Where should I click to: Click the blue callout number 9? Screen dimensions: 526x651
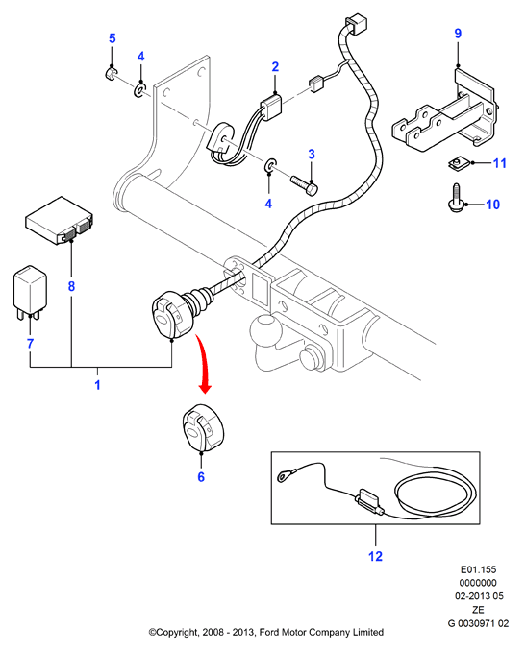[458, 34]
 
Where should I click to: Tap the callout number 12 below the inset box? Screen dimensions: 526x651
[375, 556]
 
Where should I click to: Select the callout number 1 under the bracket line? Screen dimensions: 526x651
[97, 385]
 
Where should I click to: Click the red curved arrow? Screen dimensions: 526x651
[203, 362]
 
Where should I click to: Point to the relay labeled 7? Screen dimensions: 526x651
[30, 292]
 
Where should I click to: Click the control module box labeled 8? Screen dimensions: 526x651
[60, 221]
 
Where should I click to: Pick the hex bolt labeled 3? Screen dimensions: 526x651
[305, 184]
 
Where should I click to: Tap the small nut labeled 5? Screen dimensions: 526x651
[111, 74]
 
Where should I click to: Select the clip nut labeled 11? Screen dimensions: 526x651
[458, 162]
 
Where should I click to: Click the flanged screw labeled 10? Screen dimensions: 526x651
[457, 199]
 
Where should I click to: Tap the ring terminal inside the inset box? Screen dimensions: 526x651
[286, 474]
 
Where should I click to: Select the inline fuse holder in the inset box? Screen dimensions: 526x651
[369, 501]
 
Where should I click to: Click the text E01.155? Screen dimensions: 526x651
[478, 569]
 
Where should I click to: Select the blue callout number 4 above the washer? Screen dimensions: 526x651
[141, 56]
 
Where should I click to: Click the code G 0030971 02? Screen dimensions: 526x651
[478, 623]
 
